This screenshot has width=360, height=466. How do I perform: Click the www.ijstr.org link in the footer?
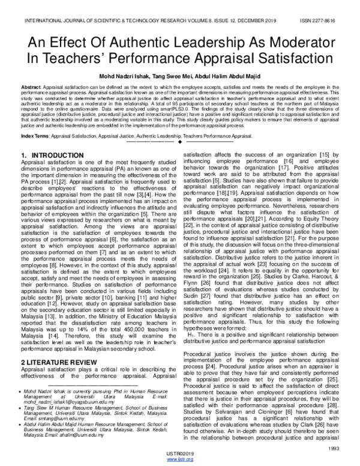[180, 459]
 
